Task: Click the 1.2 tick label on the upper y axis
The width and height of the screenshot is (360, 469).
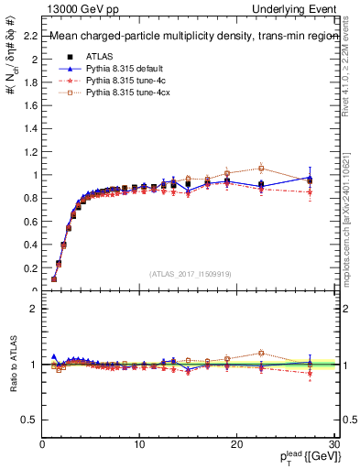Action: tap(30, 151)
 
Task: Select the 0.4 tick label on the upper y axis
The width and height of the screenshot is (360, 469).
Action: tap(30, 245)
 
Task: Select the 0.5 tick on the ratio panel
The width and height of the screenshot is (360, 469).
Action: tap(30, 420)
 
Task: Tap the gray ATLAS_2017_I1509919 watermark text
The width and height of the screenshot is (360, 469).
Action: tap(189, 273)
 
